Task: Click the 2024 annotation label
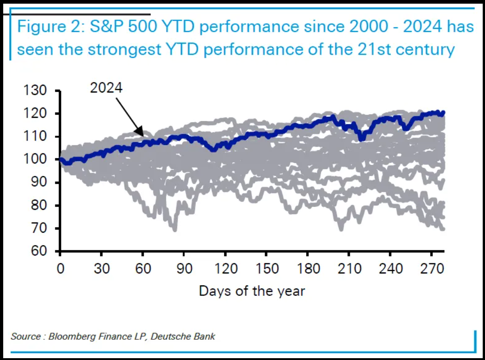coord(106,88)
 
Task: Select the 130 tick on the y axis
coord(34,91)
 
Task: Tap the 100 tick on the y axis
coord(34,160)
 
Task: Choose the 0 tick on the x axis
coord(60,268)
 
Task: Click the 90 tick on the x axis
coord(184,268)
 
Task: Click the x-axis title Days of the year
coord(252,290)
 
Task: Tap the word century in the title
coord(426,49)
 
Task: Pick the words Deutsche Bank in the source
coord(188,337)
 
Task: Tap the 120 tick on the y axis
coord(34,114)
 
